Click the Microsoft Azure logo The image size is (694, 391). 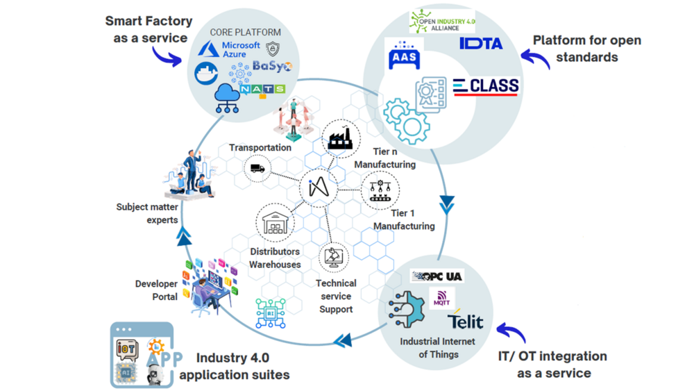click(230, 49)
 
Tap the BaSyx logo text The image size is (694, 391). click(272, 67)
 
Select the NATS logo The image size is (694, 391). click(263, 90)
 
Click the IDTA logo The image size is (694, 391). click(481, 44)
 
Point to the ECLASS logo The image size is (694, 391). click(486, 87)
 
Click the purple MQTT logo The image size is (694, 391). click(441, 302)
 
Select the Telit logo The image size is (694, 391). click(466, 322)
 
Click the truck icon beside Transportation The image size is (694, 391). click(257, 168)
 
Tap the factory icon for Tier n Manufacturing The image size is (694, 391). click(340, 138)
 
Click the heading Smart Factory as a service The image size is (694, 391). click(150, 29)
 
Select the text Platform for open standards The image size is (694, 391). click(586, 49)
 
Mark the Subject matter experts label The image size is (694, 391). click(147, 213)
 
